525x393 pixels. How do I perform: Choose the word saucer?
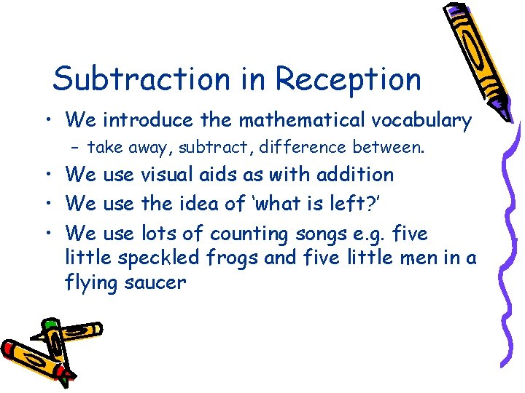(x=156, y=282)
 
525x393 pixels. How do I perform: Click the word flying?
(x=90, y=282)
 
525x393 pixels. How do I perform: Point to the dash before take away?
(x=77, y=148)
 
